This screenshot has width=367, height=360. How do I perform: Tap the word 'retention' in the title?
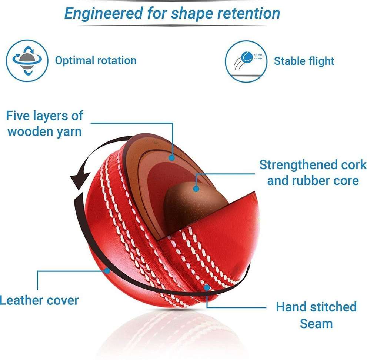click(x=248, y=13)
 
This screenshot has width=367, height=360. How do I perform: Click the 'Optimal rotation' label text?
click(x=96, y=60)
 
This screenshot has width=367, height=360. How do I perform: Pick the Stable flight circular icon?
click(x=246, y=61)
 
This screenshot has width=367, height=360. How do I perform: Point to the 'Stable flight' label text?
click(x=304, y=61)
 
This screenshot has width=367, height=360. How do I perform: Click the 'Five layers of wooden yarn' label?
click(x=44, y=123)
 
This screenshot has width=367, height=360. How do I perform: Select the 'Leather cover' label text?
click(x=39, y=300)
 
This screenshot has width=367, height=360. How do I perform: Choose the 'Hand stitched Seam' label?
click(x=316, y=315)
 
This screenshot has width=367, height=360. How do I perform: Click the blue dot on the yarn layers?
click(x=171, y=157)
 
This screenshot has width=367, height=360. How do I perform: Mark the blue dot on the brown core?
click(x=196, y=189)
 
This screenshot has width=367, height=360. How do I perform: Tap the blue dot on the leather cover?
click(x=107, y=271)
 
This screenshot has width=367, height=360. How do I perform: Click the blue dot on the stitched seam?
click(x=207, y=287)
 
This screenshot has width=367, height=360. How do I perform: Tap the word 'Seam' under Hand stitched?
click(x=316, y=323)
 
